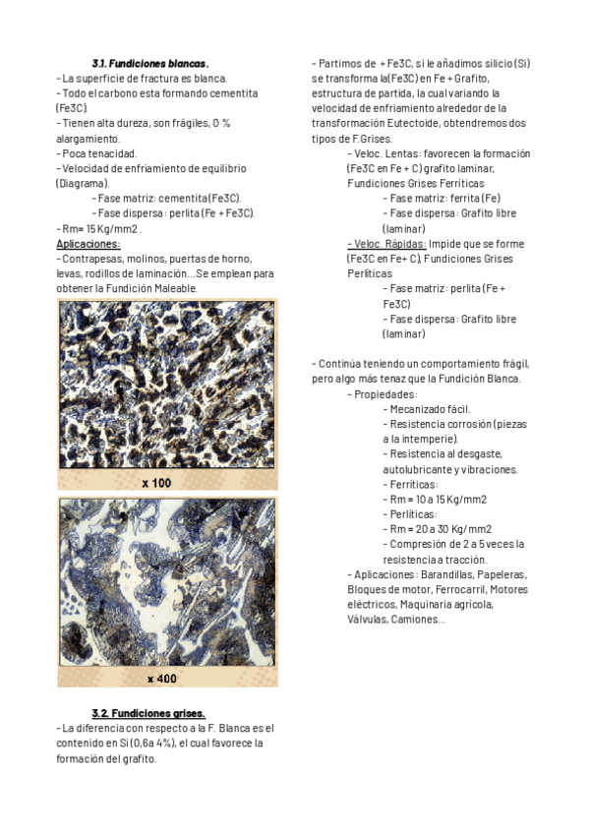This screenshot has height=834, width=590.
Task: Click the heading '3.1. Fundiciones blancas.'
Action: click(149, 63)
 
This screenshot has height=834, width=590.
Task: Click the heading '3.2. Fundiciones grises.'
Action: click(148, 713)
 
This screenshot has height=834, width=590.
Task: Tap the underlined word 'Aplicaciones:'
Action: click(88, 243)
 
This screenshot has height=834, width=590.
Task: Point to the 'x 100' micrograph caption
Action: click(156, 483)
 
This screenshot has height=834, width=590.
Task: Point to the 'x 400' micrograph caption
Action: click(161, 679)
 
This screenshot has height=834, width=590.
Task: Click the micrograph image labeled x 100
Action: click(167, 384)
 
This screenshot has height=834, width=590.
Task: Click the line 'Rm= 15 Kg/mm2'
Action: click(99, 228)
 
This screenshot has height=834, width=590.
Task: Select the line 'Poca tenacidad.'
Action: click(97, 153)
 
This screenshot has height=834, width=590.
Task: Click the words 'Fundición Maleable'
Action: click(154, 288)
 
